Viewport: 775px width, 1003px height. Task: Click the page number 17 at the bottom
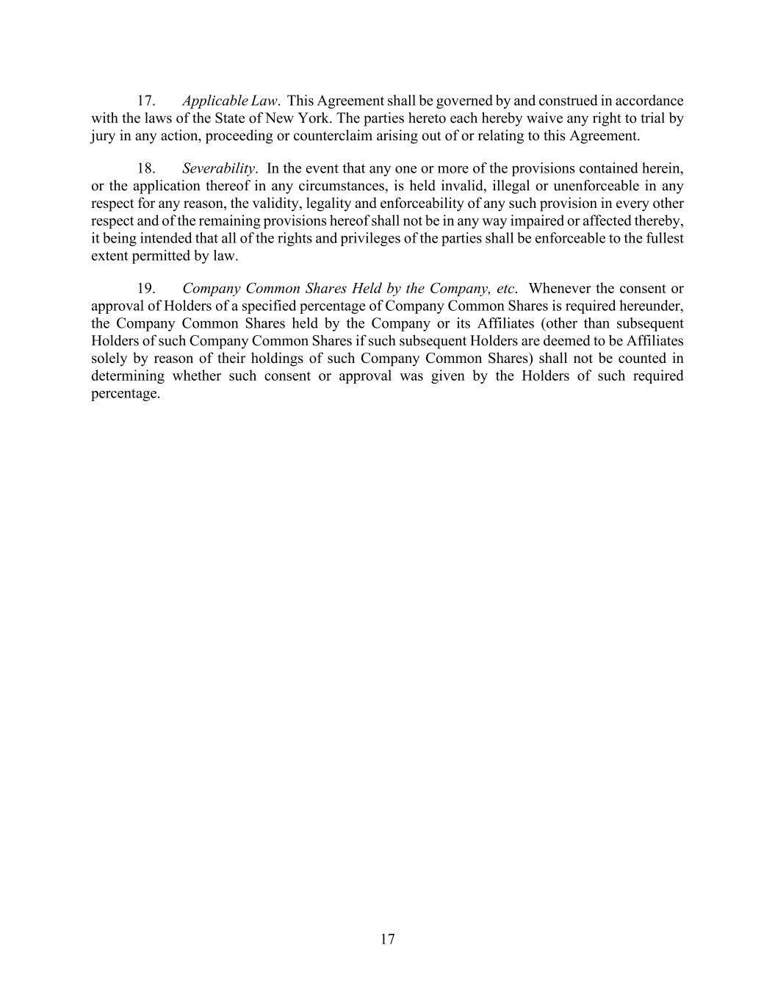click(x=388, y=938)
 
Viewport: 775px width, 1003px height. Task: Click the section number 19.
click(x=146, y=289)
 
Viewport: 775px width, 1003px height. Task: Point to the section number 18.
click(x=146, y=168)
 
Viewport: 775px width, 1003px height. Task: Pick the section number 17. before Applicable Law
click(x=146, y=101)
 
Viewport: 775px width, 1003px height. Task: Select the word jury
click(x=103, y=136)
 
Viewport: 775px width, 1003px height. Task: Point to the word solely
click(x=108, y=359)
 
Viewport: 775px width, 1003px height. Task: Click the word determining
click(x=128, y=376)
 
